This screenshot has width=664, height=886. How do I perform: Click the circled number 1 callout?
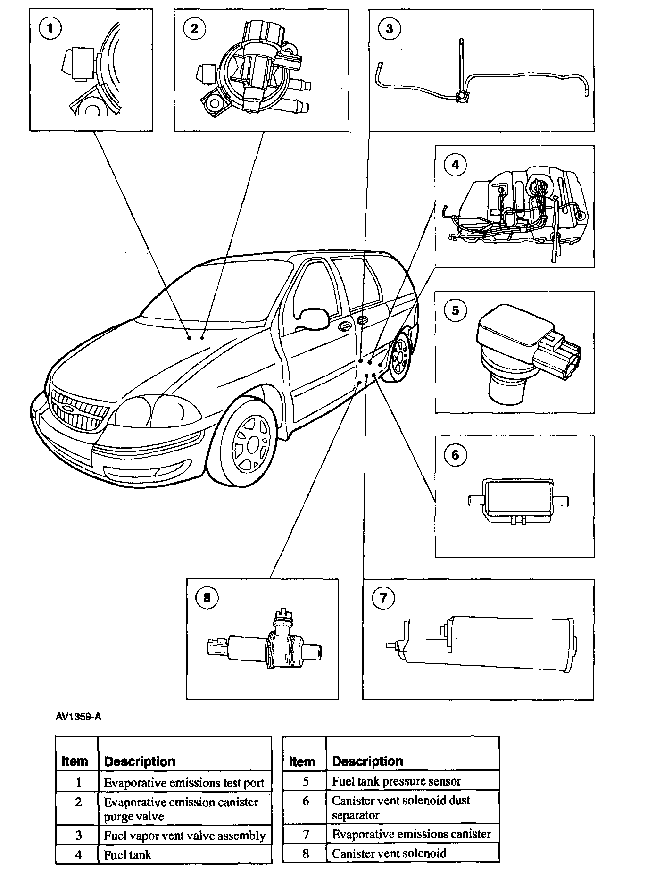[50, 29]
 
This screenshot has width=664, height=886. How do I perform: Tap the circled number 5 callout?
[455, 310]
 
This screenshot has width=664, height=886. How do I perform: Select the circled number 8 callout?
[207, 598]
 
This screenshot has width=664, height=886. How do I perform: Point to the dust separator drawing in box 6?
[518, 501]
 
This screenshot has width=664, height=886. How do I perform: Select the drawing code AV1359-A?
[78, 717]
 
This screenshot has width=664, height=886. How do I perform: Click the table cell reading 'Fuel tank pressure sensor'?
[396, 781]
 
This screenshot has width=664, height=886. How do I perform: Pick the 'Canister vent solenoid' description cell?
[389, 853]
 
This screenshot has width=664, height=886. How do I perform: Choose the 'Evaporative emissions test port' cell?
[184, 783]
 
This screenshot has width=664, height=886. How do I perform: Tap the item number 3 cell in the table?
[78, 836]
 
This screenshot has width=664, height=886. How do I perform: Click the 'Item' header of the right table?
[301, 761]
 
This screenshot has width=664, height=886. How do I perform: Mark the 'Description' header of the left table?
[140, 761]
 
